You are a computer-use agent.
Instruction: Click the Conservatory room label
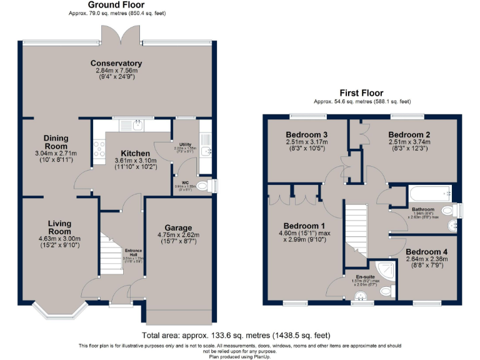(116, 63)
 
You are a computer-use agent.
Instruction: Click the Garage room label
(178, 227)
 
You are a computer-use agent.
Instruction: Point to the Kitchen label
(135, 153)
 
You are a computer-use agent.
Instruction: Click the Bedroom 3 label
(307, 135)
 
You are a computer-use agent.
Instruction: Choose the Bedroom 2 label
(409, 134)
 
